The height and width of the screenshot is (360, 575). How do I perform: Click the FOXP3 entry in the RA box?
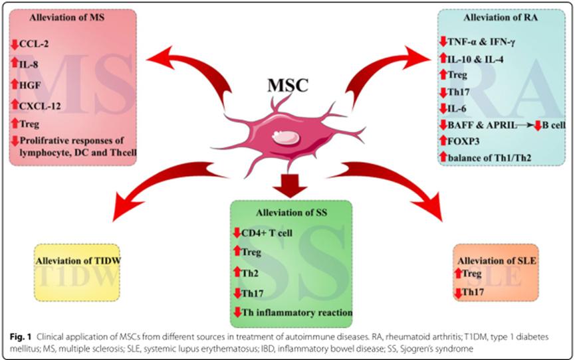467,139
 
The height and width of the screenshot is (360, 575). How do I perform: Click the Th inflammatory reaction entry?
296,312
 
